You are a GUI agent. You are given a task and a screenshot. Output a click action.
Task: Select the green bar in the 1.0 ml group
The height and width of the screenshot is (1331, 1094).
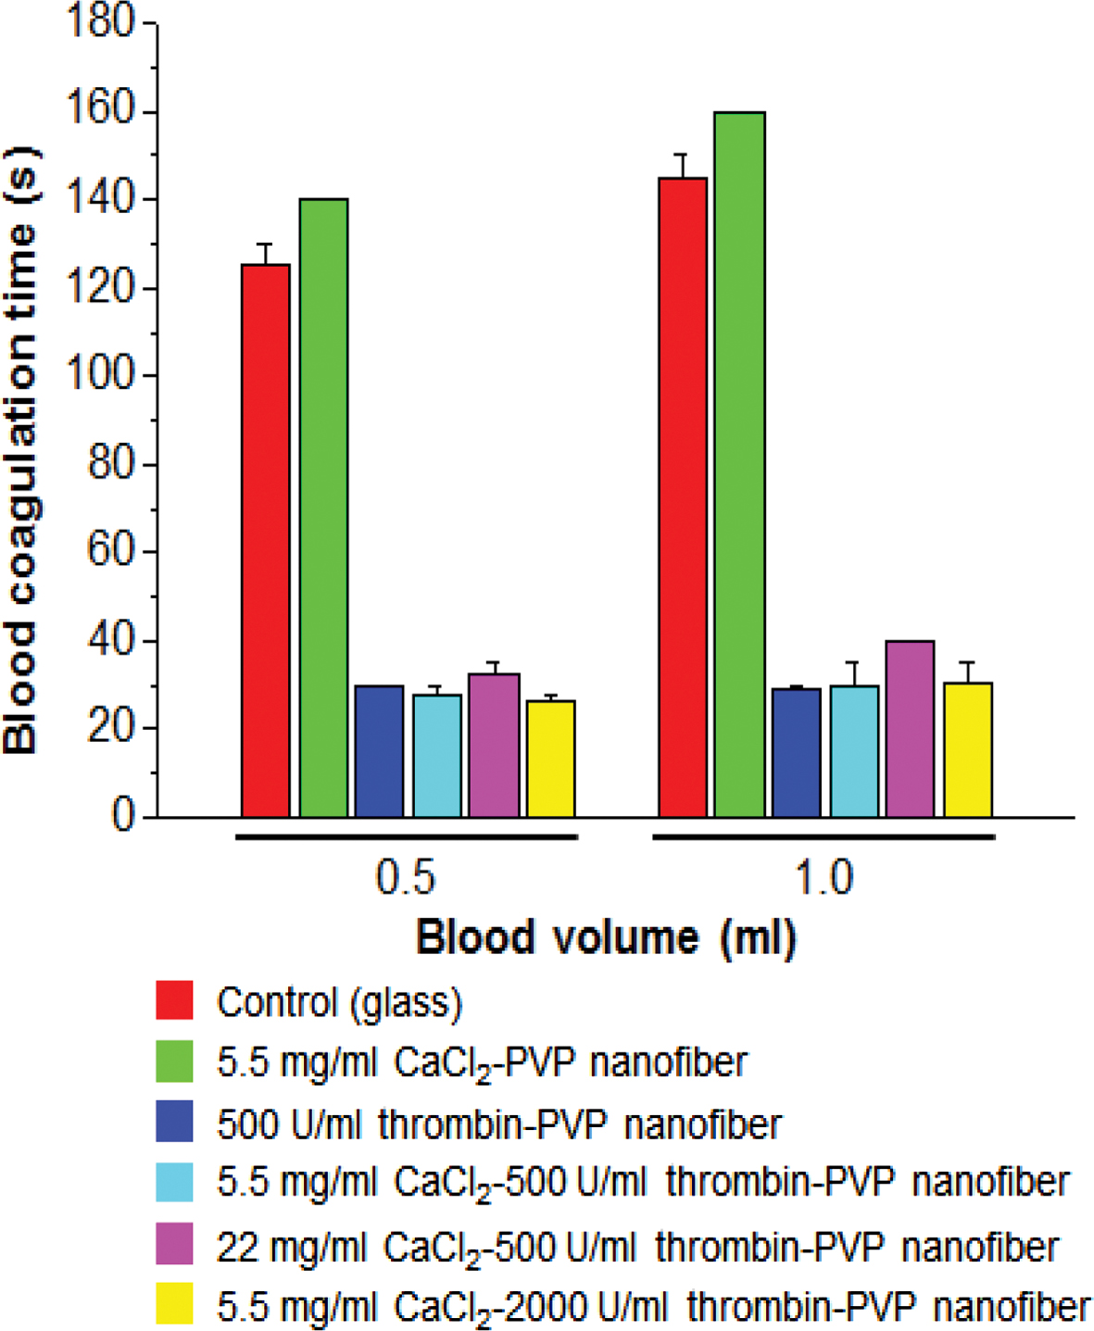point(739,464)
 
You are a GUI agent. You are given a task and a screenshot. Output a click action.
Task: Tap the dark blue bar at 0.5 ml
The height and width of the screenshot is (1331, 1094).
point(379,751)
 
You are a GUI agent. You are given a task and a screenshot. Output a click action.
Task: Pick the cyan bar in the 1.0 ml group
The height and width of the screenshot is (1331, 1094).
point(854,751)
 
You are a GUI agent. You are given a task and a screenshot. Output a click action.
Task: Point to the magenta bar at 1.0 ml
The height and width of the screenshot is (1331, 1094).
point(910,729)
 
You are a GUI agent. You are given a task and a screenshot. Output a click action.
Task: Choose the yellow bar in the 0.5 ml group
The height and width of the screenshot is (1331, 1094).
point(551,759)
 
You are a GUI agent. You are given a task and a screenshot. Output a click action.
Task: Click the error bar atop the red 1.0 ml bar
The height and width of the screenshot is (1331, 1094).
point(684,165)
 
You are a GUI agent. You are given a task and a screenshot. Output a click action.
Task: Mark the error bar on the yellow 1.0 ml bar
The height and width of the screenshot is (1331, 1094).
point(968,672)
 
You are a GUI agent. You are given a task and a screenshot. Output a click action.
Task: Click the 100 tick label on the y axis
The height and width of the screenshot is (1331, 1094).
point(101,375)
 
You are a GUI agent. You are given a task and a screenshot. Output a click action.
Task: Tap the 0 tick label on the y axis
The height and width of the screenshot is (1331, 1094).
point(123,816)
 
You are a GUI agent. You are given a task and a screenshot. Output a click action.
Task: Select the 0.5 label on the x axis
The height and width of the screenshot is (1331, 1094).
point(406,876)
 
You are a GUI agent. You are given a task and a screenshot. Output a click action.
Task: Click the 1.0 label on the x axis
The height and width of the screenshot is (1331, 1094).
point(824,876)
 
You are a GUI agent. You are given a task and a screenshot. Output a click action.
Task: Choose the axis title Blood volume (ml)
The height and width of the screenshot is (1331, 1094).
point(606,937)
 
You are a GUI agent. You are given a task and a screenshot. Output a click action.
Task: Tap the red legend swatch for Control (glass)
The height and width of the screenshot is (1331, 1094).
point(174,1000)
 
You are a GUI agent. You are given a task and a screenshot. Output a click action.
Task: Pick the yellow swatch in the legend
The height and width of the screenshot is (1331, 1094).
point(174,1304)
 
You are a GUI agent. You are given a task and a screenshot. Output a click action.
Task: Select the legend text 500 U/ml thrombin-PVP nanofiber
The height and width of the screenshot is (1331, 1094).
point(499,1124)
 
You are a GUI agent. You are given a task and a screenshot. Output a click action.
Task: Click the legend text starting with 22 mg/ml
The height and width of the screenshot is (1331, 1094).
point(637,1247)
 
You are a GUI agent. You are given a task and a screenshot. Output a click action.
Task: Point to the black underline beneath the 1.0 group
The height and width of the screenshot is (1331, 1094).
point(824,837)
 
